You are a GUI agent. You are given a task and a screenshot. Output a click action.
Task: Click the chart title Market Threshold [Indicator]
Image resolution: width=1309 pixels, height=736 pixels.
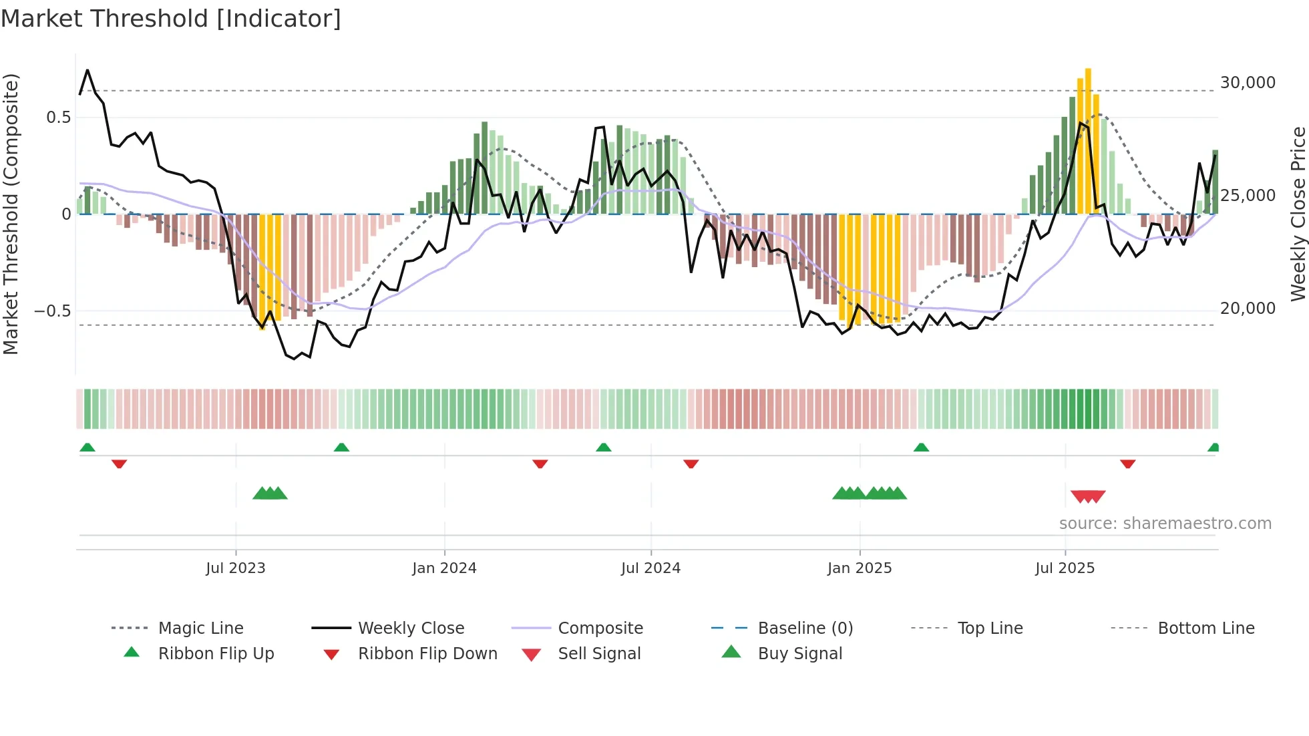point(171,19)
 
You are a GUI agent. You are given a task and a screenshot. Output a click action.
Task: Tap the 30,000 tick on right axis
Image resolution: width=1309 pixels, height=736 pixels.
point(1248,83)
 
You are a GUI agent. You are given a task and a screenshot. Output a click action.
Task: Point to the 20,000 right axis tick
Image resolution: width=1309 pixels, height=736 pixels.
point(1248,309)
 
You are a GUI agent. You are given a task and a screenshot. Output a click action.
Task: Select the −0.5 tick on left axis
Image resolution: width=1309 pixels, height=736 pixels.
point(52,311)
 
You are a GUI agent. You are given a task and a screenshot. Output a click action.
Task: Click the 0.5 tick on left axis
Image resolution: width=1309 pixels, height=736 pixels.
point(58,118)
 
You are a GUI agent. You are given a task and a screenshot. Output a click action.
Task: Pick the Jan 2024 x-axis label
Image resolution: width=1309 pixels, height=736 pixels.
point(444,568)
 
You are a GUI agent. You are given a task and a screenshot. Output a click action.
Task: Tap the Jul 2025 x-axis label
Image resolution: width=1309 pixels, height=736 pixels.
point(1065,568)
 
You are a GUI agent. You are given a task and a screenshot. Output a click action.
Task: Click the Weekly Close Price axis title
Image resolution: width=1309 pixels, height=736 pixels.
point(1298,214)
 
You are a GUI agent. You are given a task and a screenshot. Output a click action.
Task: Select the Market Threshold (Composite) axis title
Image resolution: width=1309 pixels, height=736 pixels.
point(11,214)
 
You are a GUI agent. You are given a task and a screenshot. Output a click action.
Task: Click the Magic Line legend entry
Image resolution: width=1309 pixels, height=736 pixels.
point(200,628)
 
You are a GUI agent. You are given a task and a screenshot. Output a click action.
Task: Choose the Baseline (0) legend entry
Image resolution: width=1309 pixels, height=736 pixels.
point(805,628)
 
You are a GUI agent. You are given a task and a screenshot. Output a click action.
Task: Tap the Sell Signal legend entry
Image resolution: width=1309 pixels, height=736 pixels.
point(599,654)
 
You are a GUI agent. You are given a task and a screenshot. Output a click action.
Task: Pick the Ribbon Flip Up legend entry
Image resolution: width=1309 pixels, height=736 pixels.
point(216,654)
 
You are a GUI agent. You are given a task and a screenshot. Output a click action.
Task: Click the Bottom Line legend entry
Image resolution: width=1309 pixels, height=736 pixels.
point(1205,628)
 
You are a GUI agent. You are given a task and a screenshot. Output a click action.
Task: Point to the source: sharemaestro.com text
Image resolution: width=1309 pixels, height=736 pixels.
point(1165,524)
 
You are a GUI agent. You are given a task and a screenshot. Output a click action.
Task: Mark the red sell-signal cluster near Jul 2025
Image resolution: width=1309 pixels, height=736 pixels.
point(1088,496)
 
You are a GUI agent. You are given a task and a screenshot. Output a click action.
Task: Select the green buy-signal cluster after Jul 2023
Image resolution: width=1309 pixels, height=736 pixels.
point(270,494)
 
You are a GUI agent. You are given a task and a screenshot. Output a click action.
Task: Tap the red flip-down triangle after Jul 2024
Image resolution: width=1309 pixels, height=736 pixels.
point(691,464)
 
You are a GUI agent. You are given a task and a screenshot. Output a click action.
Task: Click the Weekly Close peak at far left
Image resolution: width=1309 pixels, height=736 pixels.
point(87,70)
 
